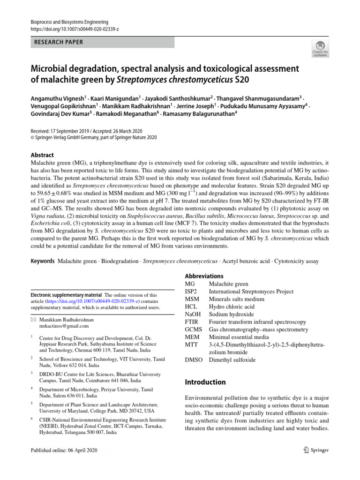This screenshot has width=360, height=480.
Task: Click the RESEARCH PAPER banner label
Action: pos(59,42)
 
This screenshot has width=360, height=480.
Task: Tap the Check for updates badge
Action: pos(320,48)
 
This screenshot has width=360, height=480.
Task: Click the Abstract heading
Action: pos(42,155)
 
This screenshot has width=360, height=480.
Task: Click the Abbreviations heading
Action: pos(204,276)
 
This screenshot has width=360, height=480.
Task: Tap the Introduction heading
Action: pos(205,382)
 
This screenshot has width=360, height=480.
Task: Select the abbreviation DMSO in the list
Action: pos(194,360)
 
